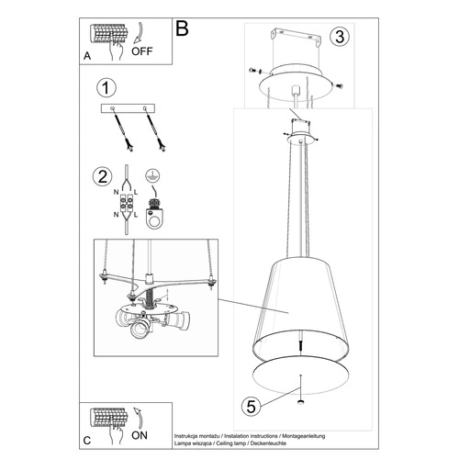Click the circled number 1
(107, 88)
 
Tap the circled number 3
(340, 37)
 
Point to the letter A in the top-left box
(87, 55)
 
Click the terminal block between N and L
(128, 205)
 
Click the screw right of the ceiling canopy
(340, 84)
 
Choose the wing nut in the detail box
(148, 293)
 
